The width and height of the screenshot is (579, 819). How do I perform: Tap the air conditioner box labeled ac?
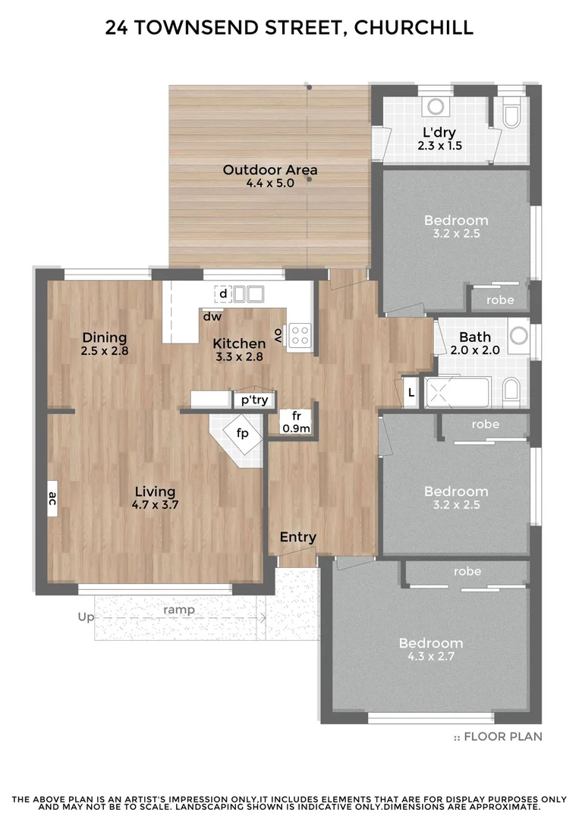coord(53,498)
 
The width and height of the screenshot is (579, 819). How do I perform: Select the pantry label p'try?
coord(254,400)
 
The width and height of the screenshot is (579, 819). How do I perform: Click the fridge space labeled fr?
coord(297,422)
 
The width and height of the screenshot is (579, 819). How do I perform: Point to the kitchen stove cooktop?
coord(300,334)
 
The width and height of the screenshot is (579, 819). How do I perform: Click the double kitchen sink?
coord(247,293)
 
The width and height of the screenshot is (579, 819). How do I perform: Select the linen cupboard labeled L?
coord(411,392)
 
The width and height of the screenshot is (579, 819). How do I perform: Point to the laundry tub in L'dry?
coord(436,108)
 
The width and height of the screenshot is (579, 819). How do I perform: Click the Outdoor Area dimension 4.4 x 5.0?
coord(269,184)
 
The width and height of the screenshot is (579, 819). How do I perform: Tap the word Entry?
coord(297,537)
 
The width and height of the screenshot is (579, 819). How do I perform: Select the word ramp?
coord(179,610)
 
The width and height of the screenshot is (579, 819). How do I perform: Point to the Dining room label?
coord(105,337)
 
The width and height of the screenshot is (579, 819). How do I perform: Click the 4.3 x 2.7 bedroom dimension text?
coord(431,657)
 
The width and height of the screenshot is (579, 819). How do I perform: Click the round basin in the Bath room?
coord(519,335)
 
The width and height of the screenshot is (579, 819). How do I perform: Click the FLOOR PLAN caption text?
coord(502,736)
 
